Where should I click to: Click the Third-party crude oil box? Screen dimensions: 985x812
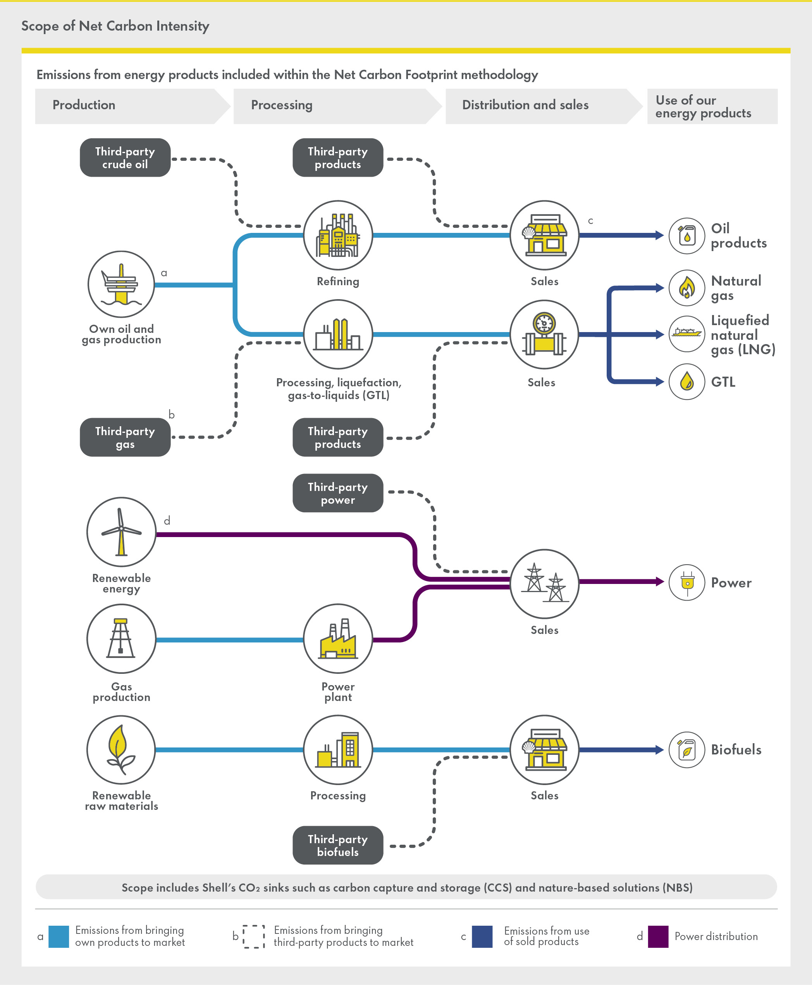pos(125,158)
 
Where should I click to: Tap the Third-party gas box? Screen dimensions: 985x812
pos(125,437)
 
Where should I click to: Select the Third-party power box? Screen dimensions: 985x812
pos(338,493)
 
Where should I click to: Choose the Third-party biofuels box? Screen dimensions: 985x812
pos(338,845)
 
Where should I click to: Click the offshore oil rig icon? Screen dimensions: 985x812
pos(121,284)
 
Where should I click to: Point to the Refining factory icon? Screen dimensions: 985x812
pos(338,235)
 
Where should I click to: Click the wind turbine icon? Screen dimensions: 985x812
pos(121,532)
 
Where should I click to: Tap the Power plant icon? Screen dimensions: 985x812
pos(338,639)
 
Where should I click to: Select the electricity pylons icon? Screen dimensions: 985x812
pos(544,583)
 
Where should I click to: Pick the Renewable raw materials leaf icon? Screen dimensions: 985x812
pos(121,749)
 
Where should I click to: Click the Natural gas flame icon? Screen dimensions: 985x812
pos(686,288)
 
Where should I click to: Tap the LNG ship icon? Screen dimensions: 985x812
pos(686,334)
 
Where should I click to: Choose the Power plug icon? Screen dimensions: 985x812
pos(686,582)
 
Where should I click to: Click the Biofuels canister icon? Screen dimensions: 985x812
pos(686,750)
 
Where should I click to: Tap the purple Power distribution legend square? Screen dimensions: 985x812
pos(658,936)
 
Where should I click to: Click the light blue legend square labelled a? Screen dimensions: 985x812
pos(59,936)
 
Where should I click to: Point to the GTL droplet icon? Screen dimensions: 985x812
pos(686,382)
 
